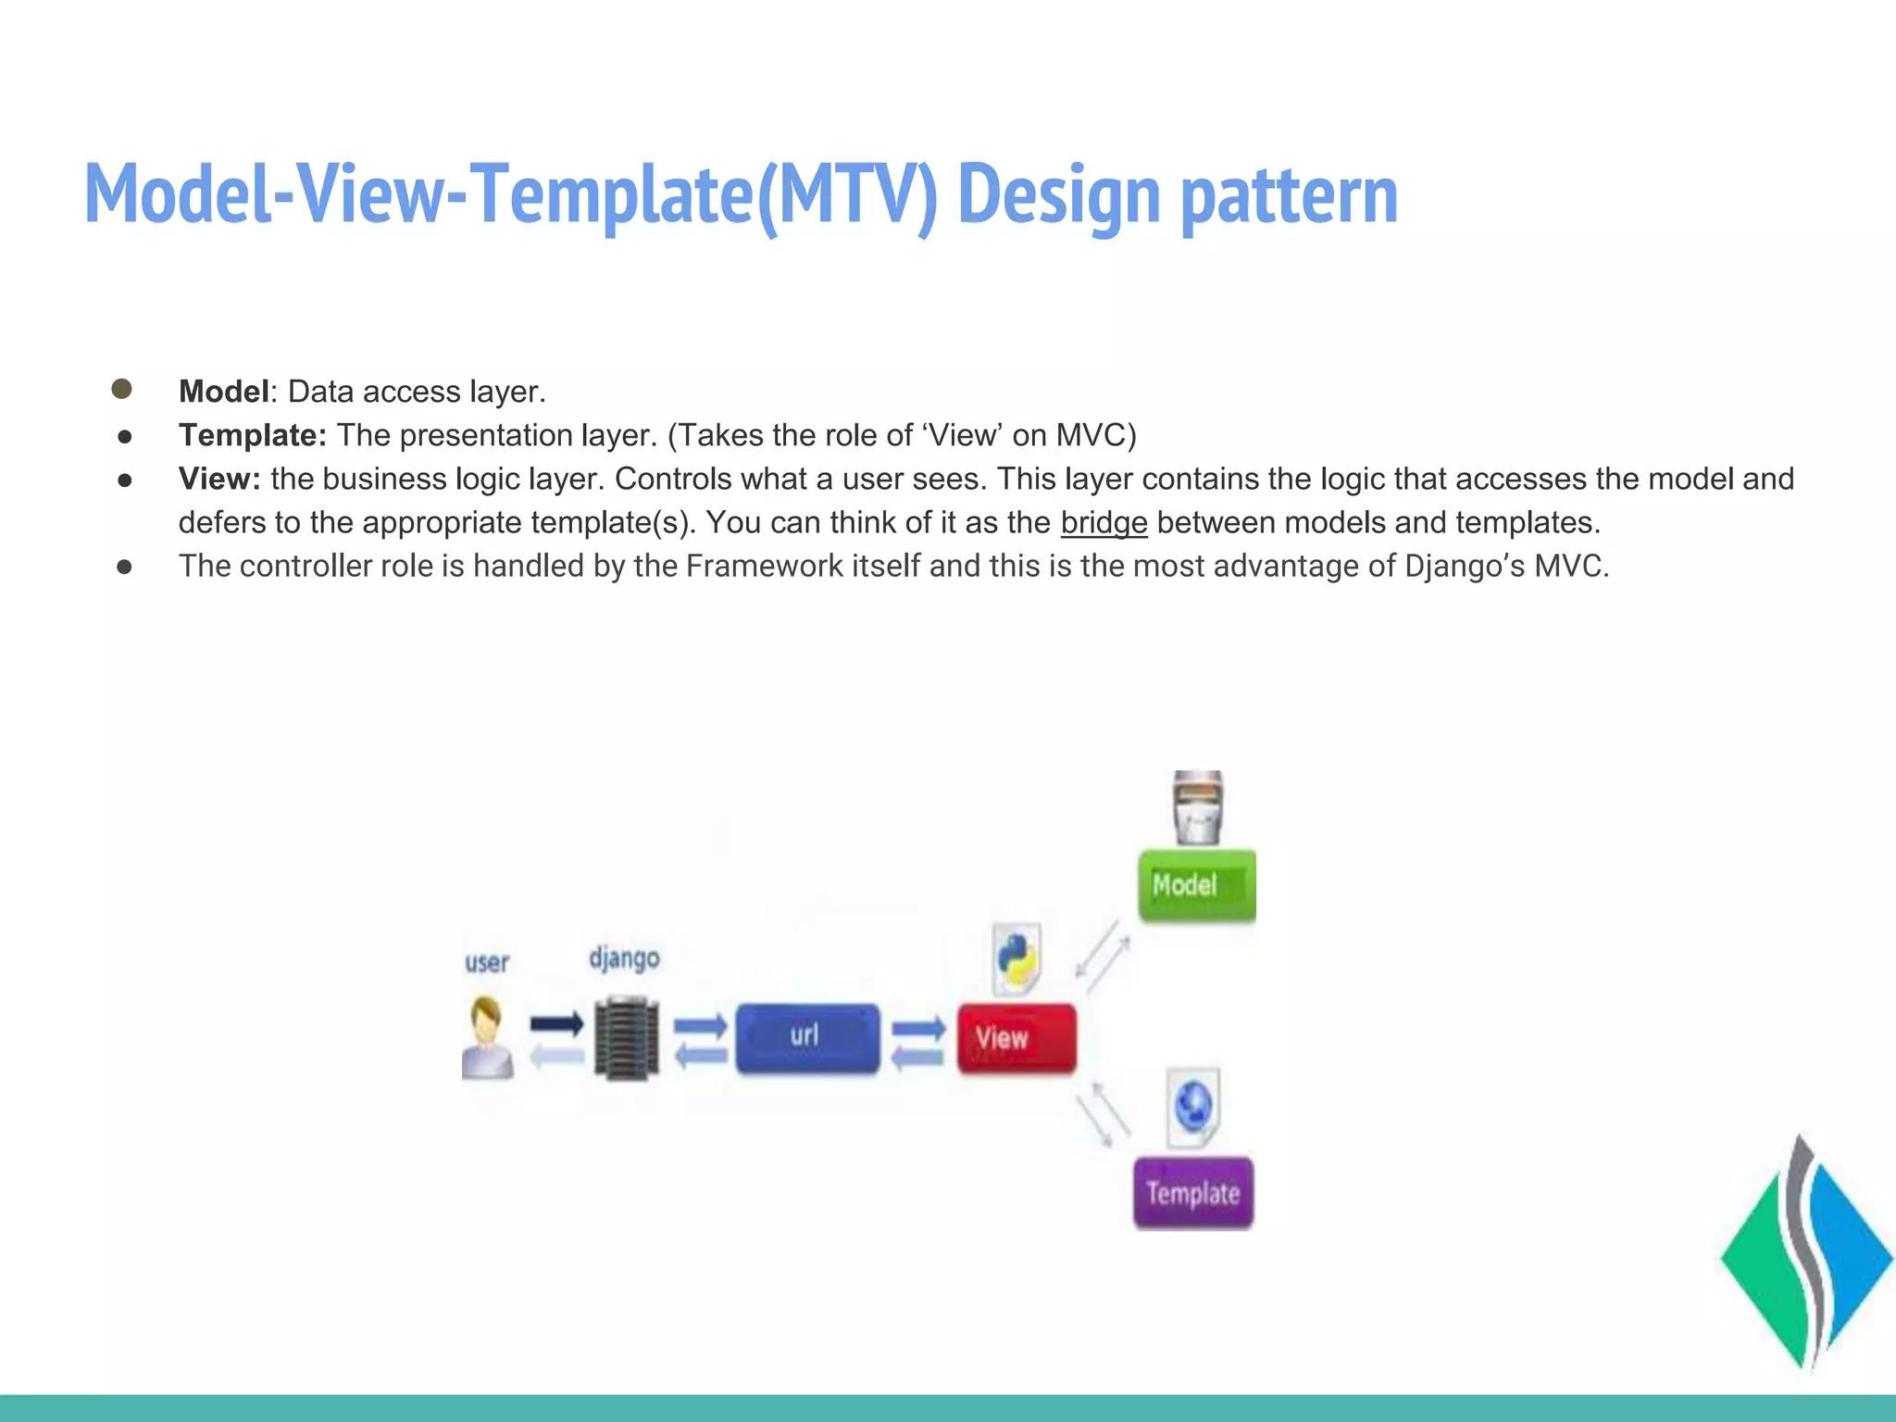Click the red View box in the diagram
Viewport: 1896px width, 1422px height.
tap(1017, 1039)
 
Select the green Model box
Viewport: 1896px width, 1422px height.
tap(1197, 885)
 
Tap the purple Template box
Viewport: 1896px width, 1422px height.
tap(1193, 1192)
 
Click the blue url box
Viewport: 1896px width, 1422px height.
tap(807, 1037)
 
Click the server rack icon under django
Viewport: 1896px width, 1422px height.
tap(627, 1039)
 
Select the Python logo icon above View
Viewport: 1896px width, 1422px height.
tap(1017, 959)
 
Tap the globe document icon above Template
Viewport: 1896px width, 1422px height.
tap(1193, 1105)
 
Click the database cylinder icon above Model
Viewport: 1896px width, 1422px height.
tap(1198, 807)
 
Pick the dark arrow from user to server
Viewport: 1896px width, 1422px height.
tap(556, 1024)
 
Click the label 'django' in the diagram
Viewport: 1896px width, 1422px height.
tap(624, 957)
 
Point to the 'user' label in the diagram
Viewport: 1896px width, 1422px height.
tap(487, 963)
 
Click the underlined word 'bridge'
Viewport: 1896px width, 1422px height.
tap(1104, 523)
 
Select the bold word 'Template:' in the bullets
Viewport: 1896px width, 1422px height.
tap(252, 435)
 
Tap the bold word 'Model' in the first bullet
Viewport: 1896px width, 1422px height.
tap(223, 392)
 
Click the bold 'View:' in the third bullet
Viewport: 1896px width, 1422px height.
tap(219, 479)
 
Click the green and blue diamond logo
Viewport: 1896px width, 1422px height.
tap(1805, 1254)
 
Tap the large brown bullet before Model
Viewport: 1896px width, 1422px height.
tap(121, 389)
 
